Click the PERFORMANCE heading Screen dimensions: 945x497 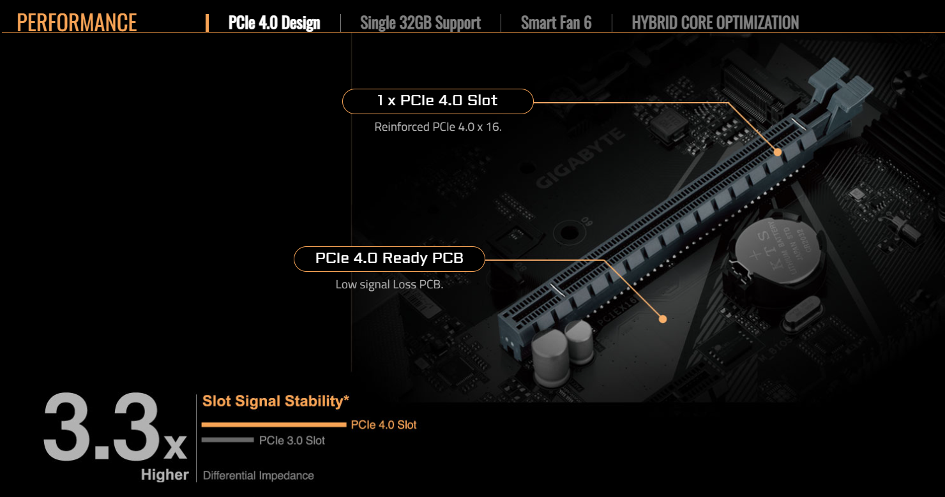coord(77,22)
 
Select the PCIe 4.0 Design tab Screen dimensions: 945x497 coord(274,23)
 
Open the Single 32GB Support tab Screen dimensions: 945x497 coord(420,23)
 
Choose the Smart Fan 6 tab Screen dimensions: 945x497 coord(556,23)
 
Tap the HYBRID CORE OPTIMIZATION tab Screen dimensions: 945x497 coord(715,23)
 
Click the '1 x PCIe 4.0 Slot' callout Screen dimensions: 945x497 coord(437,101)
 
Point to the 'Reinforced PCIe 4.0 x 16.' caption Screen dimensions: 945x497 coord(438,127)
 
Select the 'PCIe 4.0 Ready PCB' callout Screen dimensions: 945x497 coord(389,259)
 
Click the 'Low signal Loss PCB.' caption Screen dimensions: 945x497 coord(389,285)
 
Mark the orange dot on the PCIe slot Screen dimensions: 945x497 coord(778,152)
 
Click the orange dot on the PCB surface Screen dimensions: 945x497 coord(663,319)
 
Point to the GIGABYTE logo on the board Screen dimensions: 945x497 coord(580,158)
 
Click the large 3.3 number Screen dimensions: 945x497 coord(102,427)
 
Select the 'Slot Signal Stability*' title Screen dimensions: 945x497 coord(275,401)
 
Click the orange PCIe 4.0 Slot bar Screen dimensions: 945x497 coord(274,424)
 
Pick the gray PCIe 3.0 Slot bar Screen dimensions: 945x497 coord(228,440)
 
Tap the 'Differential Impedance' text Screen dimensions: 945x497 coord(258,475)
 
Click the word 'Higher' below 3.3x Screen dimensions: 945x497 coord(165,475)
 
